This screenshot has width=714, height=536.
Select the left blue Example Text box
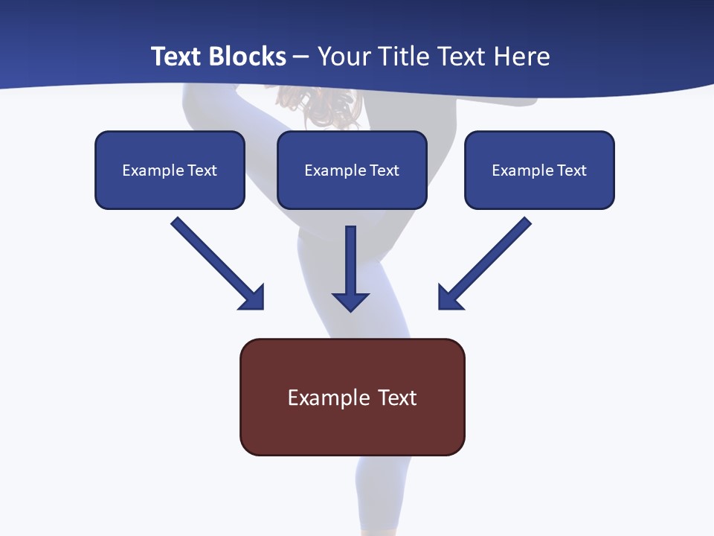click(170, 170)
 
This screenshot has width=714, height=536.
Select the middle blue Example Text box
click(352, 170)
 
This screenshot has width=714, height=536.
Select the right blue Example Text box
click(539, 170)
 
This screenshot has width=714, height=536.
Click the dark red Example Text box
click(352, 397)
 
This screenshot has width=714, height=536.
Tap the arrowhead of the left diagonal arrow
click(253, 298)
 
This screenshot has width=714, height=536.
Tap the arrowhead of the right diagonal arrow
click(449, 298)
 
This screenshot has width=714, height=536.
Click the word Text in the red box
click(397, 398)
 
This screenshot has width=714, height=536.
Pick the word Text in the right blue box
click(572, 170)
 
